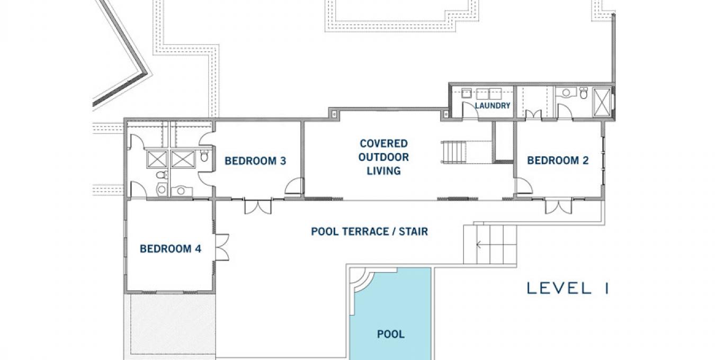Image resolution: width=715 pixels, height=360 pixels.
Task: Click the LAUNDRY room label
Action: (492, 106)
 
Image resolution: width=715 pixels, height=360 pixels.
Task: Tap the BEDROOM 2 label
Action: (558, 160)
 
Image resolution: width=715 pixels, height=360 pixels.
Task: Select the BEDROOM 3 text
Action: (255, 161)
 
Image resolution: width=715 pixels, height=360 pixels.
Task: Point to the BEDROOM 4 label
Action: (171, 249)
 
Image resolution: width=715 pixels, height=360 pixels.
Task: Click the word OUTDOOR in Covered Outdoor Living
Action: (383, 157)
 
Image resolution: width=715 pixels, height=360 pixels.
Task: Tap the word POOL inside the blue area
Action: (391, 334)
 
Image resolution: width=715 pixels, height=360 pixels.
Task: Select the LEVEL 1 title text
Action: (568, 288)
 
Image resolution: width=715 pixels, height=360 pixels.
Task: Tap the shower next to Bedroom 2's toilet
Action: (602, 102)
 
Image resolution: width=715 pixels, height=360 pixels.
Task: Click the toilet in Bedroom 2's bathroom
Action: (584, 93)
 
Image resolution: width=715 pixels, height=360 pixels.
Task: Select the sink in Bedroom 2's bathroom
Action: (566, 93)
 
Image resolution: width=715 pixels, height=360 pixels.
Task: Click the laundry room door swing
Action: (470, 111)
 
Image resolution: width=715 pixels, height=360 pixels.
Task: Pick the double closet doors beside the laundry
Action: (533, 115)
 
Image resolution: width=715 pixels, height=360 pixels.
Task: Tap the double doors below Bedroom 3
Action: (258, 206)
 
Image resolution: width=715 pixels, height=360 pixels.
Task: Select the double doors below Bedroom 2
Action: (558, 206)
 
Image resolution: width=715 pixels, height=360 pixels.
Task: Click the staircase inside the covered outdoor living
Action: (454, 152)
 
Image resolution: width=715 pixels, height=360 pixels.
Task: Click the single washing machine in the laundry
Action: (467, 93)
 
